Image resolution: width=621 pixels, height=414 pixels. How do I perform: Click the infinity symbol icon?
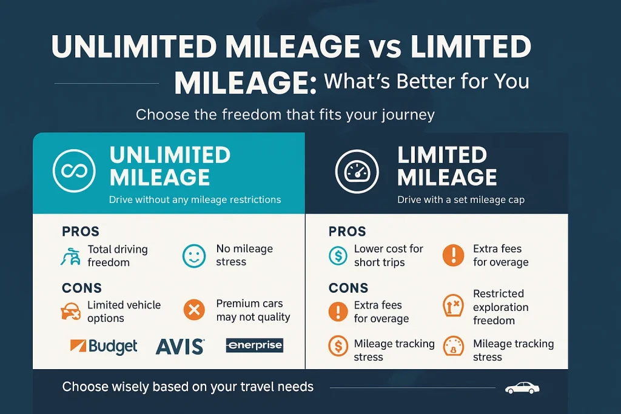click(x=74, y=171)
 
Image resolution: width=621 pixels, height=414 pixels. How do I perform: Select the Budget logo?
click(x=104, y=346)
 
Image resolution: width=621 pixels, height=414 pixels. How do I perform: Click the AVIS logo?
click(x=180, y=346)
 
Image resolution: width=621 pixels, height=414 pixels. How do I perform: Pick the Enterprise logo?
click(x=254, y=346)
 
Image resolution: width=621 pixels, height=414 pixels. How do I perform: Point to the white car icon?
click(x=522, y=388)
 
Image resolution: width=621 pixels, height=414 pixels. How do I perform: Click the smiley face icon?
click(x=194, y=256)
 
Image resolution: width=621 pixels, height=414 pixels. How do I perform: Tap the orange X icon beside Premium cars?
click(x=194, y=311)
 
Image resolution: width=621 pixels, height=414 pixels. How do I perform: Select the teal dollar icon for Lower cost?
click(x=337, y=256)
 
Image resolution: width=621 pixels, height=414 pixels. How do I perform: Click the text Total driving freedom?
click(x=117, y=256)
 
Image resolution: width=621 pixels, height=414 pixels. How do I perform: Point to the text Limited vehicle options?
click(x=124, y=312)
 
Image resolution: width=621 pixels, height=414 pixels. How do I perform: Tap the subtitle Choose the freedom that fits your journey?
click(x=285, y=115)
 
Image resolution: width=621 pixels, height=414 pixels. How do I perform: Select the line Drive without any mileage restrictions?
click(x=195, y=199)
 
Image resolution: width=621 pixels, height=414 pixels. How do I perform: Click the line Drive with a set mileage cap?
click(x=460, y=199)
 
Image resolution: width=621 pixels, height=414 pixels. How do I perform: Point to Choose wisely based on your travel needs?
click(x=187, y=387)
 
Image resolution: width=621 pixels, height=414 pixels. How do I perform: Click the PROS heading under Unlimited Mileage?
click(x=80, y=231)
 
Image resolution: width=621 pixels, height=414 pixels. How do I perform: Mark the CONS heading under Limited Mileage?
click(x=348, y=288)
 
